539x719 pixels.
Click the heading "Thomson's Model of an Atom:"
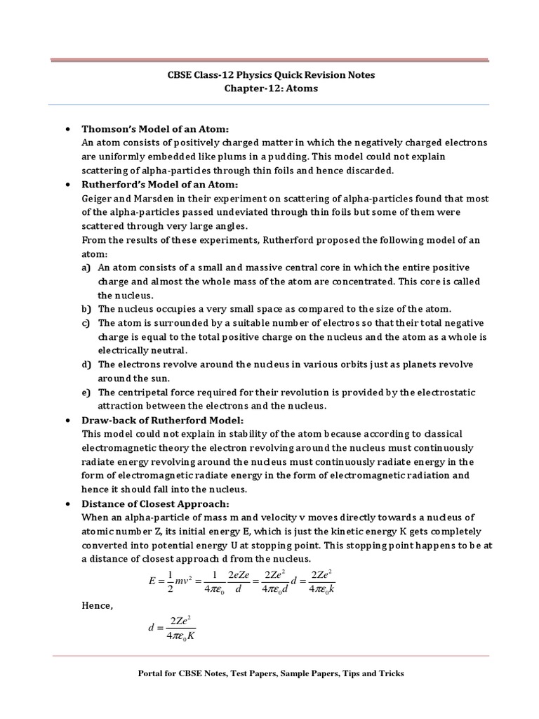coord(156,129)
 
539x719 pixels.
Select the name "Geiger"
coord(99,198)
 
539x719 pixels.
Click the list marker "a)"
coord(86,268)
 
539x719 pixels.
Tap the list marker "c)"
coord(86,323)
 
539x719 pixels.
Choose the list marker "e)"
coord(86,393)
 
